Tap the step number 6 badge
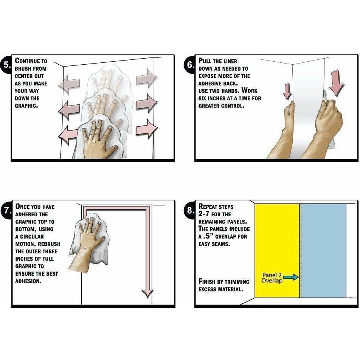190,65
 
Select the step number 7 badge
7,210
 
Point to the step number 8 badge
190,210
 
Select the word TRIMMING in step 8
237,282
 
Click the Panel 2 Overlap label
272,278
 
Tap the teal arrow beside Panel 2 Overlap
291,277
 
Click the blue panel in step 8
323,251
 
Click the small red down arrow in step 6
287,92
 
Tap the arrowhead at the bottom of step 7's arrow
147,294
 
